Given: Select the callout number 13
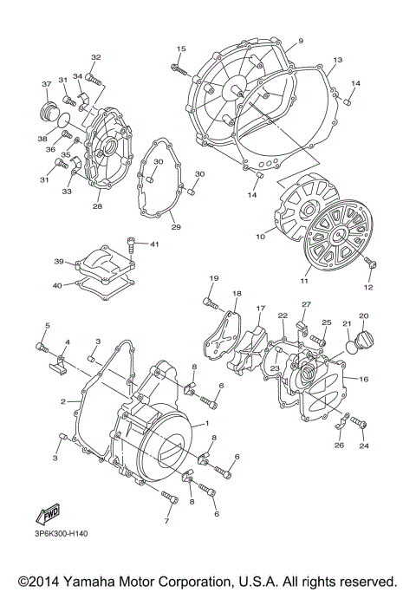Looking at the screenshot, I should click(x=337, y=60).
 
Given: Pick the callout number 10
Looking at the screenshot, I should click(x=260, y=236).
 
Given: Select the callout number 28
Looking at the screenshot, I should click(x=97, y=206).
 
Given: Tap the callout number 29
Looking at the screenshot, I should click(x=175, y=227).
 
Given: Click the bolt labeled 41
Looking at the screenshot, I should click(x=132, y=247).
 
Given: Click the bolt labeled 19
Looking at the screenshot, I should click(x=209, y=303).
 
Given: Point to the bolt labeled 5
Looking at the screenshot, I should click(x=41, y=346).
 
